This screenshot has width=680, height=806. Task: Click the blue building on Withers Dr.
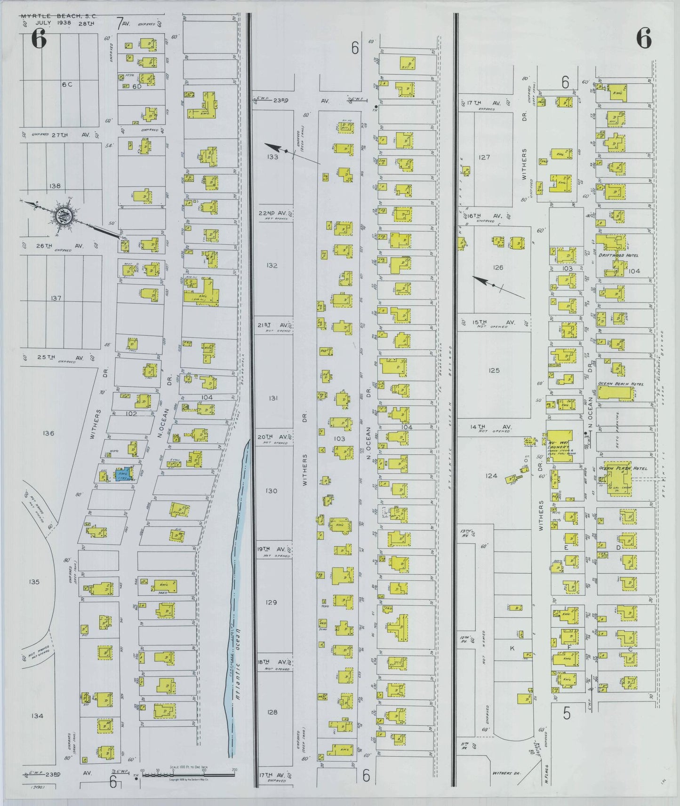tap(123, 474)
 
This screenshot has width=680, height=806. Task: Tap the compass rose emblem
tap(62, 216)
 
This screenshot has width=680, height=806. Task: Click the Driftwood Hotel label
tap(618, 255)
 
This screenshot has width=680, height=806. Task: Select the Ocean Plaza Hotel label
tap(623, 468)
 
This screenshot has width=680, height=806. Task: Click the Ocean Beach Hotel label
tap(620, 384)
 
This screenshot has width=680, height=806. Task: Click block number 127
tap(484, 157)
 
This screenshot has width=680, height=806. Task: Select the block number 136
tap(48, 433)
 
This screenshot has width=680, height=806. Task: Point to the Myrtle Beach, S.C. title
tap(59, 16)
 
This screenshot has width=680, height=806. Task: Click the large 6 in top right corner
tap(644, 39)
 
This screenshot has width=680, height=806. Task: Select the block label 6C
tap(67, 84)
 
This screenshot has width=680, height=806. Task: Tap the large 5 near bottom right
tap(567, 713)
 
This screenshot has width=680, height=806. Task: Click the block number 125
tap(494, 370)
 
